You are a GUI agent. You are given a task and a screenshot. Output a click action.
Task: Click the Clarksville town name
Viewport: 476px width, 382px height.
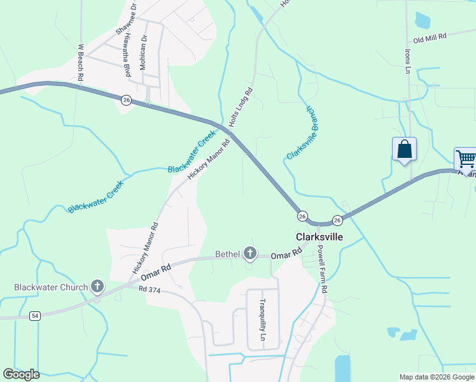[x=319, y=236]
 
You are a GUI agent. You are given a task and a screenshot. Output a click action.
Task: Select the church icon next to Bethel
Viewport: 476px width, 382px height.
[x=249, y=254]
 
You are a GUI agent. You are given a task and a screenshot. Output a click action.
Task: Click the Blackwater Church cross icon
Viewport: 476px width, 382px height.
[x=97, y=286]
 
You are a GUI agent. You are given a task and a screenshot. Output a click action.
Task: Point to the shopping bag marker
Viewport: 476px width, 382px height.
[x=404, y=150]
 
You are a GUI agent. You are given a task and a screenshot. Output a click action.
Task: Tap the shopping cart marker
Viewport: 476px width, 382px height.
[x=466, y=159]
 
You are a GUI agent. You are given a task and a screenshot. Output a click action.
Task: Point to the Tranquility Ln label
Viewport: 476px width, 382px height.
[x=262, y=320]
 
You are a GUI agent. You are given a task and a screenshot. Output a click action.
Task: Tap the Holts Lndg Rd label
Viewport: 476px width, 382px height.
[x=241, y=106]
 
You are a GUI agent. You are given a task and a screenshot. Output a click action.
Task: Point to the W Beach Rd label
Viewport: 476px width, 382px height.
[x=81, y=62]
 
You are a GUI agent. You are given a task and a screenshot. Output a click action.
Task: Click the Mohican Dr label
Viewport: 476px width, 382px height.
[x=144, y=48]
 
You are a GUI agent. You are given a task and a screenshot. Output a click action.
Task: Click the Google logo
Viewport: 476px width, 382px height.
[x=21, y=374]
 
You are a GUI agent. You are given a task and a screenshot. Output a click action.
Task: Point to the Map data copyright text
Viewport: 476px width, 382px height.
[x=437, y=377]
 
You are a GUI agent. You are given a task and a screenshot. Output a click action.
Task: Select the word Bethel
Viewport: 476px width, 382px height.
[x=227, y=255]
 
